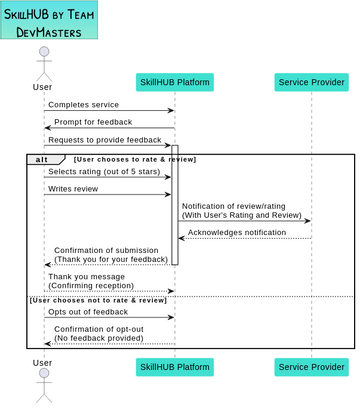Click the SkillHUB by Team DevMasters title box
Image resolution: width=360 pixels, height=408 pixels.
point(49,21)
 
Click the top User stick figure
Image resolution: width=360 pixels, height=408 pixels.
point(43,62)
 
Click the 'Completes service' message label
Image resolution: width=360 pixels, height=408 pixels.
point(83,104)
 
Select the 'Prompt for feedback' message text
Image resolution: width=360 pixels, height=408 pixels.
point(93,122)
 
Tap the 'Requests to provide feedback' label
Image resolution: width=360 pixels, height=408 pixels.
point(105,140)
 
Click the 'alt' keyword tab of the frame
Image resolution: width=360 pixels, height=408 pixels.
point(41,159)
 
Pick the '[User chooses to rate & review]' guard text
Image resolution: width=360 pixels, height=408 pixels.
point(135,159)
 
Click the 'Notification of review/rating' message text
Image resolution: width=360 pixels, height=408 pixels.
point(233,206)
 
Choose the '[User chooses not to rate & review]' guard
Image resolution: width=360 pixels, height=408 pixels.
point(98,300)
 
